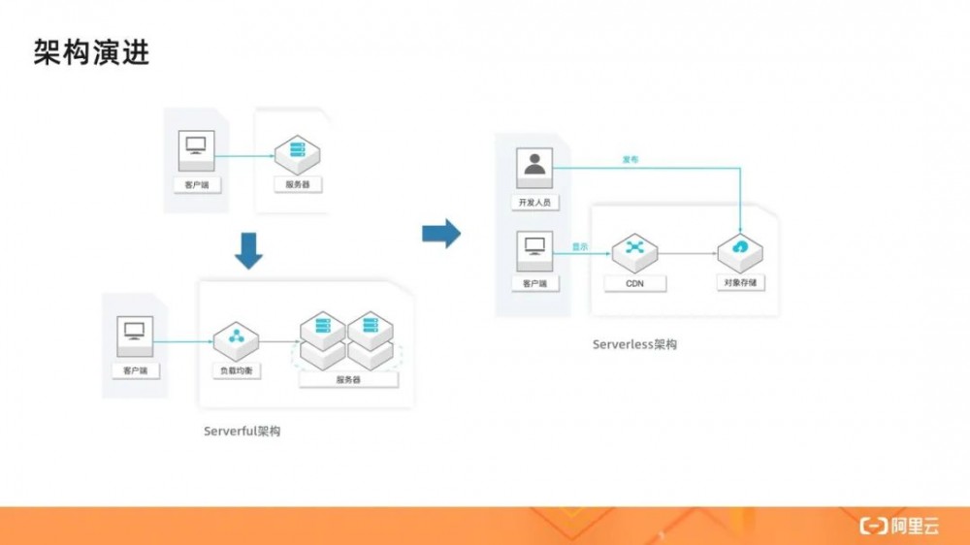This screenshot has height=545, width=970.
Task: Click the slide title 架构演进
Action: tap(91, 53)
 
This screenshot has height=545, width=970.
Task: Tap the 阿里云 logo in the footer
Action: tap(899, 526)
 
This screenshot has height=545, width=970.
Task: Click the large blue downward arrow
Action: tap(249, 250)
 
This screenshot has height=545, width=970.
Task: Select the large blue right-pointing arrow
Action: tap(441, 233)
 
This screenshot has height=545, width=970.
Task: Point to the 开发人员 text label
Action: tap(534, 203)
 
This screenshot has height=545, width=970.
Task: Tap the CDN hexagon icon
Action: tap(634, 248)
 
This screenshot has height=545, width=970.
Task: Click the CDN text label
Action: tap(634, 284)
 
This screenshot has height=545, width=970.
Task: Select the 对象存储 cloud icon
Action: tap(740, 249)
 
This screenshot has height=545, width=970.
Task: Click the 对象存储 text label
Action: tap(740, 284)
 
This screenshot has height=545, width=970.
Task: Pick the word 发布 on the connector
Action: tap(630, 159)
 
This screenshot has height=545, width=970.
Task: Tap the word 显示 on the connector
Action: tap(580, 247)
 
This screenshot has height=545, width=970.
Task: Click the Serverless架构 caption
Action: tap(634, 344)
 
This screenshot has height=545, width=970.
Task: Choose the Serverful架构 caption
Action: tap(242, 431)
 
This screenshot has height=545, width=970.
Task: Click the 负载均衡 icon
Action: tap(236, 337)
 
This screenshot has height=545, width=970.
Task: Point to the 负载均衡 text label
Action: tap(236, 371)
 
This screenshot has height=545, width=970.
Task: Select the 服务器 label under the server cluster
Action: tap(348, 379)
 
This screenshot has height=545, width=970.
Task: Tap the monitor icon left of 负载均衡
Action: tap(135, 333)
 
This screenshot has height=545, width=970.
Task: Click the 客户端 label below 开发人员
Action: tap(534, 284)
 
